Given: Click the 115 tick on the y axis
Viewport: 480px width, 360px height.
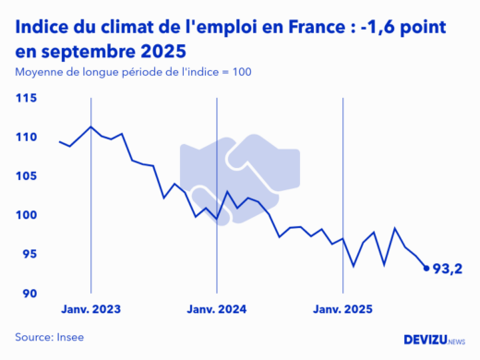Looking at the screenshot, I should coord(26,98).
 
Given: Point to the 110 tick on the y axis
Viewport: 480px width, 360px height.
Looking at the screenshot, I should coord(26,138).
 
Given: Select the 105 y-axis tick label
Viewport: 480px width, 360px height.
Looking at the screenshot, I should coord(26,176).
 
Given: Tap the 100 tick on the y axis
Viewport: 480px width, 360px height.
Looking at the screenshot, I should coord(26,215).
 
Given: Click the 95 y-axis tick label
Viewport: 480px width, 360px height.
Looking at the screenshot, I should coord(29,254).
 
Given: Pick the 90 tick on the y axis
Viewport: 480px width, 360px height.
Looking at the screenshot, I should coord(29,294).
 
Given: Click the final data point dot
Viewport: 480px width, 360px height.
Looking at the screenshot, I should coord(426,269).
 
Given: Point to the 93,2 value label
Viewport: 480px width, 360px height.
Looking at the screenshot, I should coord(448,270).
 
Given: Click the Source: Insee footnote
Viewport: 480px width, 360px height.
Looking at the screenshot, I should coord(49,338).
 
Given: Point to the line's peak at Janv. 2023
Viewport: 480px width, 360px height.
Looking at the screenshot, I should coord(90,126).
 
